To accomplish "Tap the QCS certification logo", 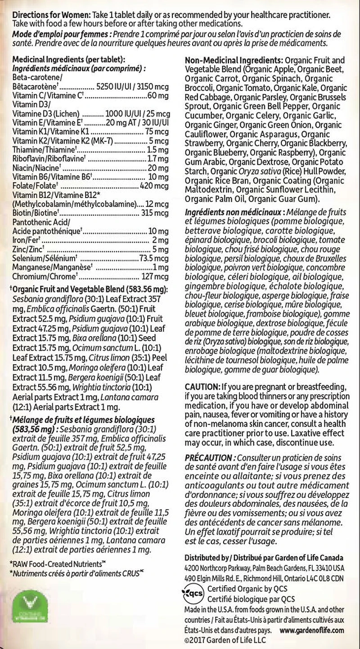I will click(194, 593).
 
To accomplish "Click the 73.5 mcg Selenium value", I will click(154, 258).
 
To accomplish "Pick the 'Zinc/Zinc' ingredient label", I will click(28, 249).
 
